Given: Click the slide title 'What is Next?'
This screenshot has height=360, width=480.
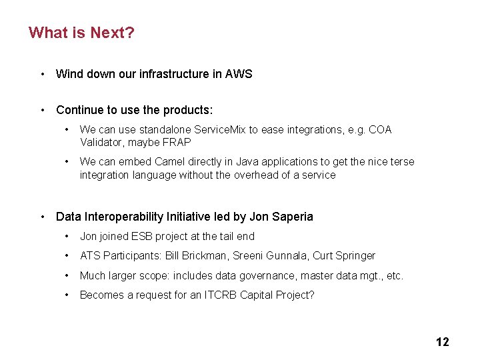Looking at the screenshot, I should [81, 32].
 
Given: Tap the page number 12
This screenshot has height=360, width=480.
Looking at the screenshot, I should [442, 342].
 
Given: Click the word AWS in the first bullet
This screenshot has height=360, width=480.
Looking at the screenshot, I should [239, 74].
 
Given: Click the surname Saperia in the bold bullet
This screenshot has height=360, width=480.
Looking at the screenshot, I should [291, 217].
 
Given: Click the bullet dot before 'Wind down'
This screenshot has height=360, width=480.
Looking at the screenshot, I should [42, 74].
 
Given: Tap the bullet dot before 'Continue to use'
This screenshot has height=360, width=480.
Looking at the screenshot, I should [42, 109].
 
